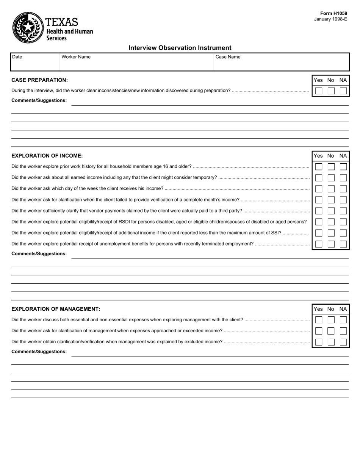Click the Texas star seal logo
[28, 27]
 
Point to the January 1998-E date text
[330, 19]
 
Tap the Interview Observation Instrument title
[180, 48]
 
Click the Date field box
[35, 62]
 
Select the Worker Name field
[136, 62]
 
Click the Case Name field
[281, 62]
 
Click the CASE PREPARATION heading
[39, 80]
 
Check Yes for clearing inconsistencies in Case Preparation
[319, 91]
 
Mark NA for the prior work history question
[343, 167]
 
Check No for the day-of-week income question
[331, 189]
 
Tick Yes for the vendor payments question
[319, 211]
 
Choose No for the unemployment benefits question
[331, 244]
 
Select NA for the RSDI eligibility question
[343, 222]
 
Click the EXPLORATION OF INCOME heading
[47, 156]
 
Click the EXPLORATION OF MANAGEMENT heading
[56, 309]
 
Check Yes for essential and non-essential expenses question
[319, 320]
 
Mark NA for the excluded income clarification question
[343, 342]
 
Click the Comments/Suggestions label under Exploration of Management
[39, 352]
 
